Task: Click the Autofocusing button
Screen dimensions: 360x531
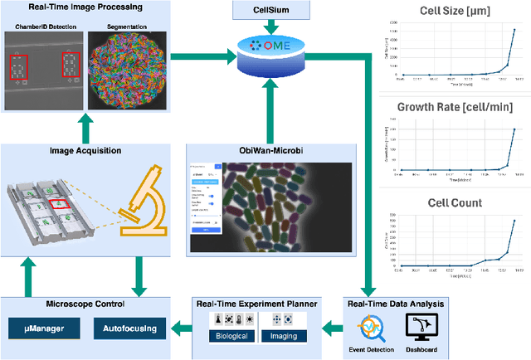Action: click(129, 329)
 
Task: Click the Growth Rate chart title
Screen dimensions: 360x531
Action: click(454, 107)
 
